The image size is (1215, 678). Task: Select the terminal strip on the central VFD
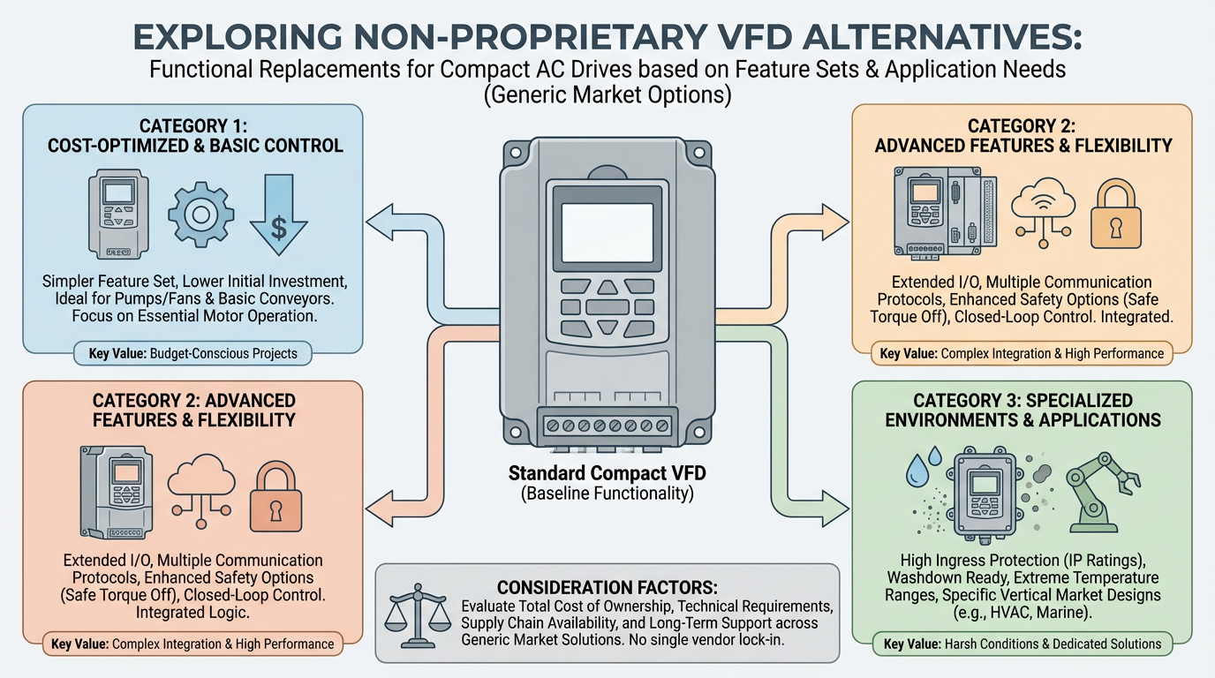(x=607, y=425)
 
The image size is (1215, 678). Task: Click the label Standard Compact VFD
(x=607, y=474)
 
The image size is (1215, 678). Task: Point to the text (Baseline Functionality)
(x=607, y=494)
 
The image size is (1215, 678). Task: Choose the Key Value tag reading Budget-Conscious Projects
(x=193, y=354)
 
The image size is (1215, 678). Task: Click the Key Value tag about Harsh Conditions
(x=1022, y=644)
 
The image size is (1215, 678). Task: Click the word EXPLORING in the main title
(x=232, y=39)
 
